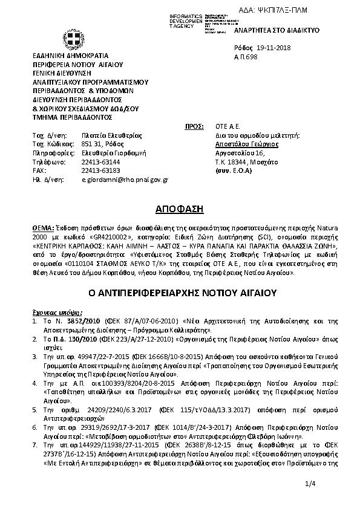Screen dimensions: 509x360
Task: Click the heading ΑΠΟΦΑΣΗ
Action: click(180, 209)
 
